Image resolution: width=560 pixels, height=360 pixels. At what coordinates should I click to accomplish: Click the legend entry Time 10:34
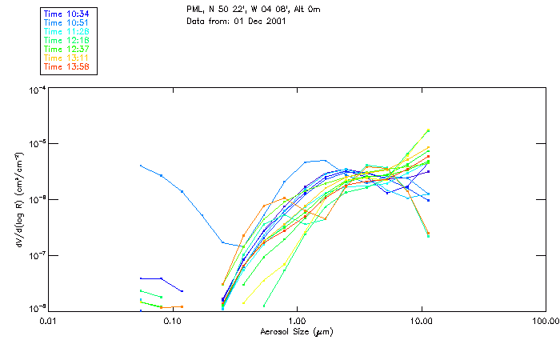click(67, 13)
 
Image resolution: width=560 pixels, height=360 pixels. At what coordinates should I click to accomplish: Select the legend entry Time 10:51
click(67, 22)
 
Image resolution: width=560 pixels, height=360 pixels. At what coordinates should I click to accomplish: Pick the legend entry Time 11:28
click(67, 30)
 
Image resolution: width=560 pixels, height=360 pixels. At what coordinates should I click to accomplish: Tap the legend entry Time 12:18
click(67, 39)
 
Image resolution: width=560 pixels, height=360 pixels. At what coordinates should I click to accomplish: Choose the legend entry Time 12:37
click(67, 49)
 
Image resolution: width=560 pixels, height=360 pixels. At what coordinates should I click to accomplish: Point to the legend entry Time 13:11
click(67, 58)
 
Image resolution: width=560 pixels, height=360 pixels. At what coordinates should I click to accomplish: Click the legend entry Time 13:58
click(67, 66)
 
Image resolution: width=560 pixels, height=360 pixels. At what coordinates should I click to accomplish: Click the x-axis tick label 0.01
click(49, 320)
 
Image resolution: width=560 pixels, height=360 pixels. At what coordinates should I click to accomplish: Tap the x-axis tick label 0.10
click(173, 320)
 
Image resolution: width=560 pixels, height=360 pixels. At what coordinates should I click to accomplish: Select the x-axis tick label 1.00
click(298, 320)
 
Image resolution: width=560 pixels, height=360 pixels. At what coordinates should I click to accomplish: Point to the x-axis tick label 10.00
click(422, 320)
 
